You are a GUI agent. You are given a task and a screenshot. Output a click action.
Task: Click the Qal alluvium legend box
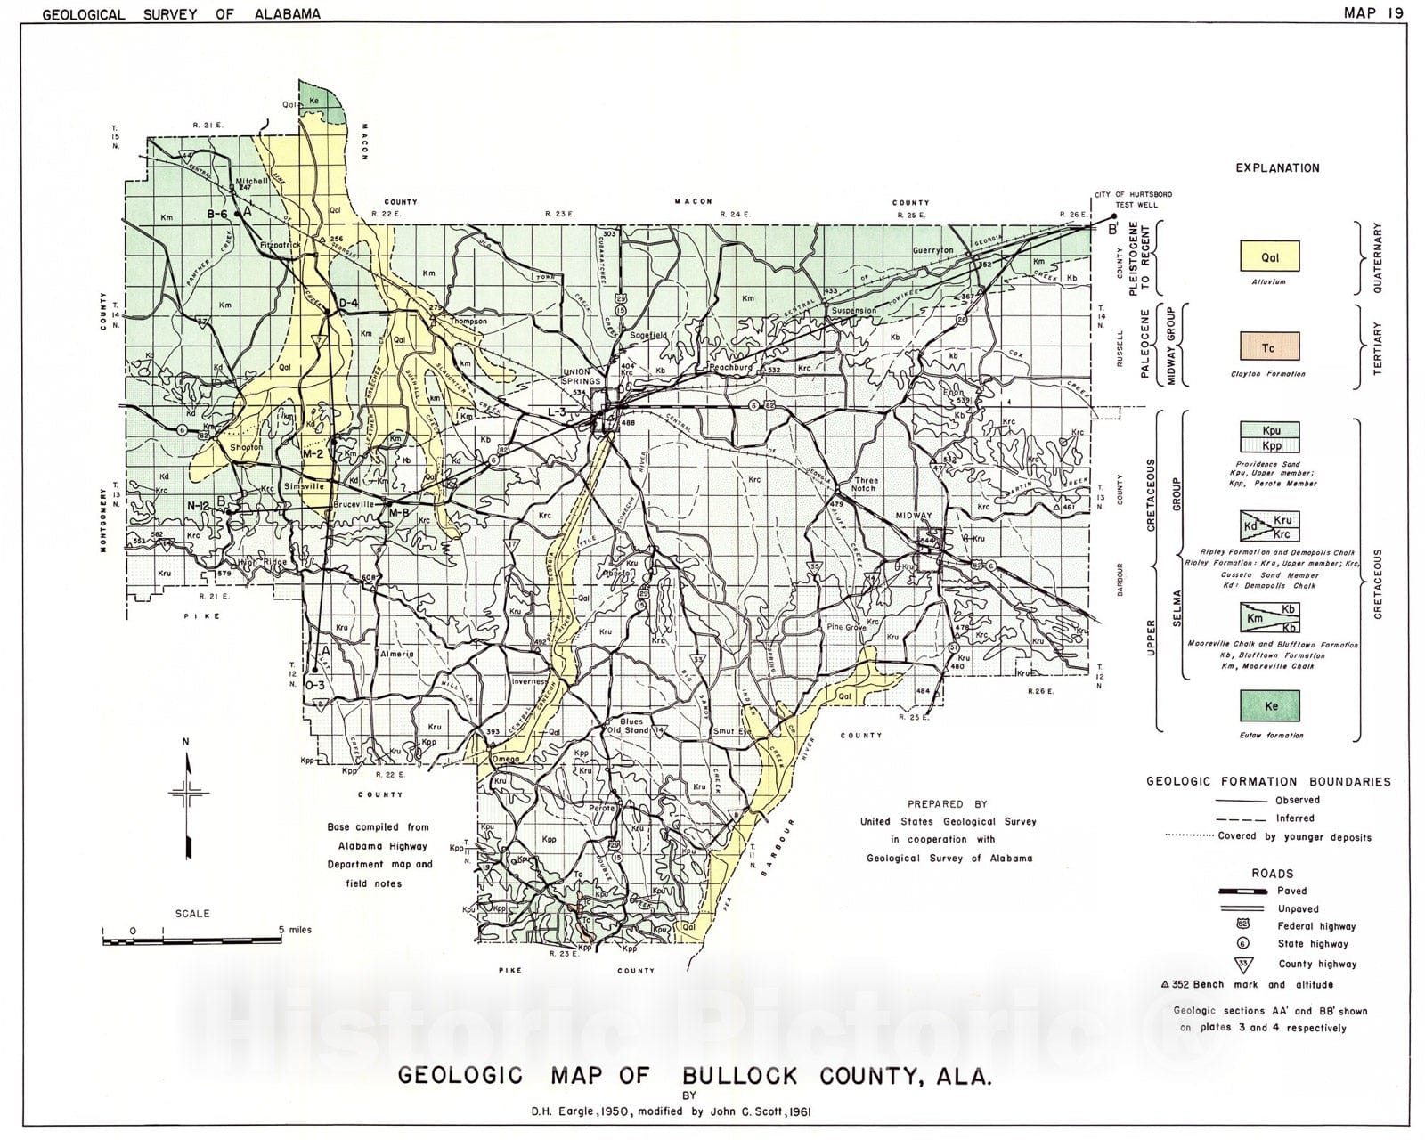pyautogui.click(x=1270, y=257)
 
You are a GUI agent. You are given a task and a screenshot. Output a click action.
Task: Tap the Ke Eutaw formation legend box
pyautogui.click(x=1270, y=706)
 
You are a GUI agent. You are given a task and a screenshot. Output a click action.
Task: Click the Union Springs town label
pyautogui.click(x=580, y=377)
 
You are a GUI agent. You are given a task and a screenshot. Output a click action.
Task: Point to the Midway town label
pyautogui.click(x=915, y=516)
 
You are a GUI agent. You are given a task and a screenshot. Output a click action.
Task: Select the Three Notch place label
pyautogui.click(x=865, y=484)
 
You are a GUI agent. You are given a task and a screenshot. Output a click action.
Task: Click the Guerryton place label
pyautogui.click(x=932, y=250)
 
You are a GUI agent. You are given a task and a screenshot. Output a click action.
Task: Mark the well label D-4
pyautogui.click(x=347, y=304)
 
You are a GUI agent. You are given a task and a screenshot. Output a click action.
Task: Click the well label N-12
pyautogui.click(x=198, y=506)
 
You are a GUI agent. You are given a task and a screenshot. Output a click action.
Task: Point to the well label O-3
pyautogui.click(x=314, y=686)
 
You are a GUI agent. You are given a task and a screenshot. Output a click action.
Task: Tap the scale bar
pyautogui.click(x=192, y=936)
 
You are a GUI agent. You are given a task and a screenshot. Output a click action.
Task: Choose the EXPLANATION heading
pyautogui.click(x=1277, y=167)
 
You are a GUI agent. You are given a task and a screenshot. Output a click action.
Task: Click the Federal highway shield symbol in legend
pyautogui.click(x=1243, y=925)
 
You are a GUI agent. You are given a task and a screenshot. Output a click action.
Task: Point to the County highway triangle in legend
pyautogui.click(x=1243, y=964)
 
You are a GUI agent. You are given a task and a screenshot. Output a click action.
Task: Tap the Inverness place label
pyautogui.click(x=529, y=682)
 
